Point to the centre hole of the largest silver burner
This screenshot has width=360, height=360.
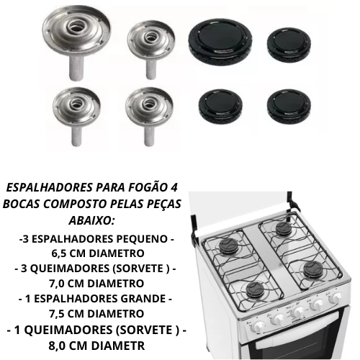pos(78,30)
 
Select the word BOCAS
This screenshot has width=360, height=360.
pos(21,204)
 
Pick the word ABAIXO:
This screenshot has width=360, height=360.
pos(91,220)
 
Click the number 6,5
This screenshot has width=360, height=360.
pos(58,253)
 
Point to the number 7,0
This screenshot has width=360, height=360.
pos(56,284)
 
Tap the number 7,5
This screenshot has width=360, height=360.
pos(56,314)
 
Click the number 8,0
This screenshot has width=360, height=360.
pos(55,346)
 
